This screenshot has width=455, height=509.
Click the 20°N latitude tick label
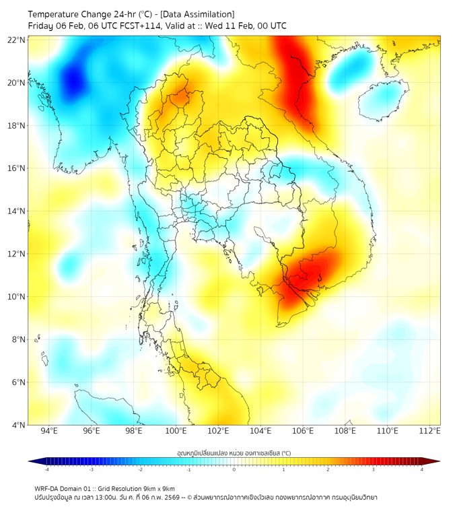(x=16, y=83)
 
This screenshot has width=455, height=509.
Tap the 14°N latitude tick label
(x=16, y=211)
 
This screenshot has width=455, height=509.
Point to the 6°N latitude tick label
(x=18, y=382)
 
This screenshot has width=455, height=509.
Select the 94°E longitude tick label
(x=48, y=431)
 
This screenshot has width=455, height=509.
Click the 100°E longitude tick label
(x=176, y=431)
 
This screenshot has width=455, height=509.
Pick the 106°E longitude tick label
(x=303, y=431)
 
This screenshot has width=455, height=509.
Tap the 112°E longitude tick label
(x=429, y=431)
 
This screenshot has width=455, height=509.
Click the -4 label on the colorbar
(x=46, y=469)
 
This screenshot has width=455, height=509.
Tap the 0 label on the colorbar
(x=234, y=469)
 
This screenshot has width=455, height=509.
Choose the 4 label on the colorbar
(x=421, y=469)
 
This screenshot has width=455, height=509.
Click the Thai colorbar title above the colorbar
(x=234, y=453)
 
